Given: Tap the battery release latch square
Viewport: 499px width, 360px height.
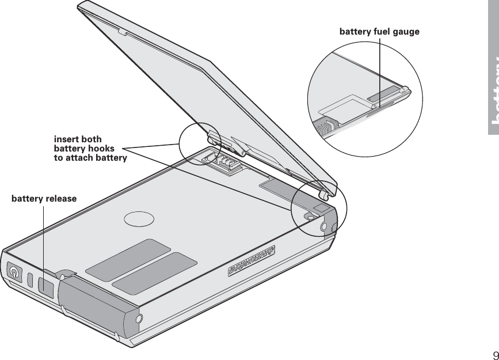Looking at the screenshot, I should [46, 284].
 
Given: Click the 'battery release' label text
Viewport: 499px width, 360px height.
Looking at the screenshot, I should [44, 199].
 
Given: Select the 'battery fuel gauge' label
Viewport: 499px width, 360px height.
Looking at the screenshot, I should [379, 31].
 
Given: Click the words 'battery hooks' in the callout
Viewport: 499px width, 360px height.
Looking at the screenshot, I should [84, 149].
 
